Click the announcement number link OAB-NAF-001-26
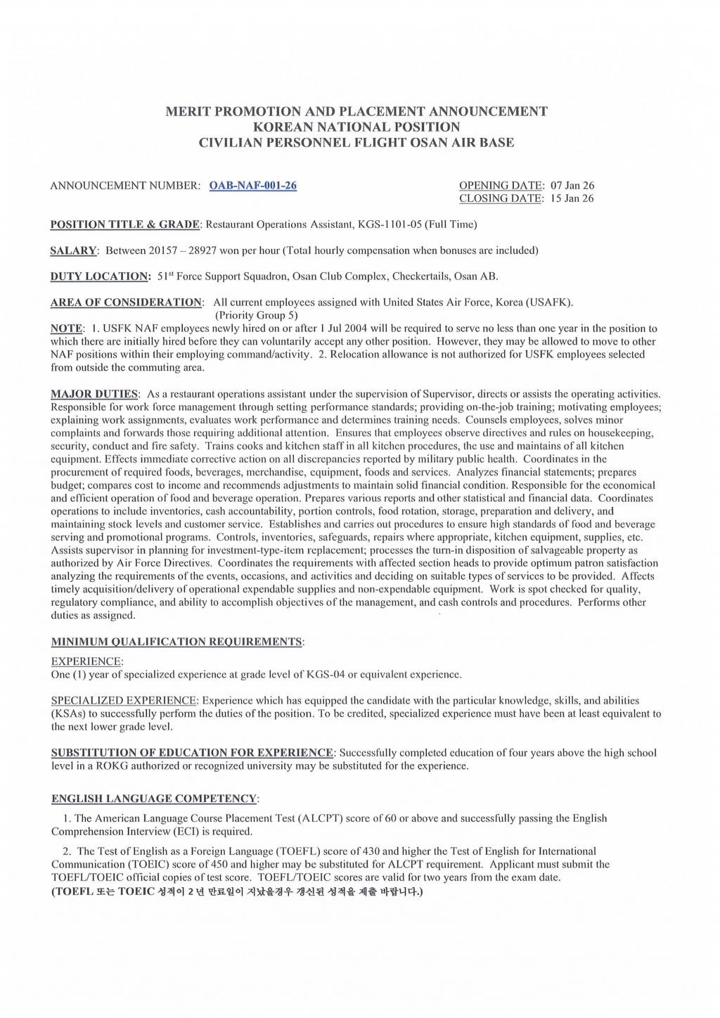(252, 186)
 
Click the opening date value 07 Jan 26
(572, 186)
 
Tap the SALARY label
(73, 250)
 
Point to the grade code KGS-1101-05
(387, 224)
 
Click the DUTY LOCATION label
(100, 276)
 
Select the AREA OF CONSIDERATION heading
(126, 303)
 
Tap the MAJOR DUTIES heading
(94, 394)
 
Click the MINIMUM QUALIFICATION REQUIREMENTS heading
(176, 642)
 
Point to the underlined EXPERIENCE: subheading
(86, 661)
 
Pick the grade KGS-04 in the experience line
(326, 675)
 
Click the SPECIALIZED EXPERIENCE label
(124, 701)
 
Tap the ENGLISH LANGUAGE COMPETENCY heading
(154, 799)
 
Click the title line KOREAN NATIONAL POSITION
(356, 127)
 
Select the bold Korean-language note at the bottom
(237, 891)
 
